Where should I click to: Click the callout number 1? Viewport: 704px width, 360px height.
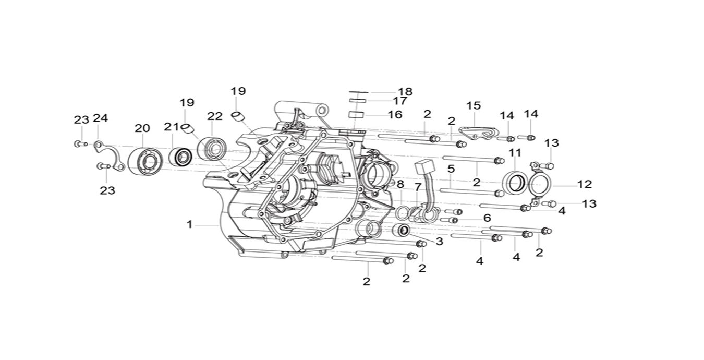coord(190,225)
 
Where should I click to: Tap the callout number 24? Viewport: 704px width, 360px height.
coord(100,118)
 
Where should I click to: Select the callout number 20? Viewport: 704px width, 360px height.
coord(142,128)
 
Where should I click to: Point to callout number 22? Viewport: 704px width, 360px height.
coord(214,116)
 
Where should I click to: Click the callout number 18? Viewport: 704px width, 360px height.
coord(405,92)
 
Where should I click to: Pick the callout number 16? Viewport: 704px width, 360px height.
coord(395,114)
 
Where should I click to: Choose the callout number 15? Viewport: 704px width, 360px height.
coord(473,106)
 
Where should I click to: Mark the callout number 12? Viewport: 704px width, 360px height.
coord(585,184)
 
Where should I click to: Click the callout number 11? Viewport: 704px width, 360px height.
coord(515,153)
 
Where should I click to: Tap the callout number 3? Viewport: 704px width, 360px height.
coord(439,242)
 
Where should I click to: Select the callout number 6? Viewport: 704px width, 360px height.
coord(487,218)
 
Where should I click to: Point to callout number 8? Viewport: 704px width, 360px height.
coord(400,184)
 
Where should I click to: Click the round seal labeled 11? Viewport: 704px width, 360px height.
coord(515,183)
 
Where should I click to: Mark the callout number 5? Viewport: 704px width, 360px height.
coord(451,169)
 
